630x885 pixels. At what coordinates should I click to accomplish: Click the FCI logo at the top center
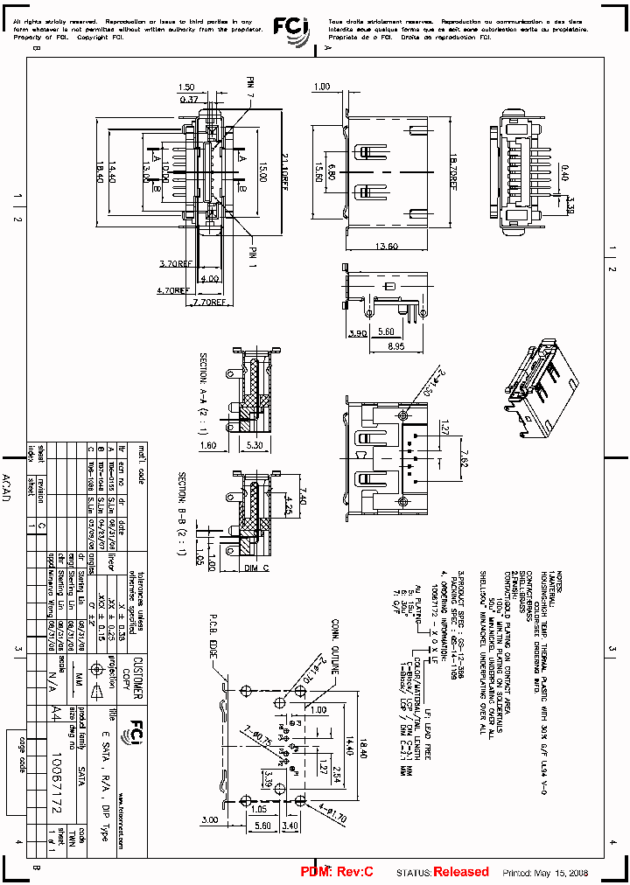(290, 28)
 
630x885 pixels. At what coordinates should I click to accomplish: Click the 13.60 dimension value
(387, 245)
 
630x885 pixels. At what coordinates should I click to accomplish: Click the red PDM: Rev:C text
(337, 872)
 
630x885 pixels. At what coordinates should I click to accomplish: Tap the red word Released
(461, 872)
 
